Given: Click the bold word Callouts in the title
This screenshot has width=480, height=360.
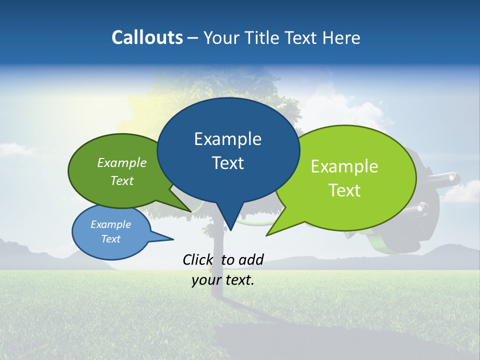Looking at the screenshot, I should (147, 37).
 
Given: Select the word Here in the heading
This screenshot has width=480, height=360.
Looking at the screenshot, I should (342, 37).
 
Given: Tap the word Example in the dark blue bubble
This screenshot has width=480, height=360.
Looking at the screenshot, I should (227, 139).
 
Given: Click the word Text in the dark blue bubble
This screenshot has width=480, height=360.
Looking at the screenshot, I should (227, 163).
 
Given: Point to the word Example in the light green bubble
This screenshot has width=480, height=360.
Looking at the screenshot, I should (344, 166).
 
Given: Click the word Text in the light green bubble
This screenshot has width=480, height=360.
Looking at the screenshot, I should (344, 190).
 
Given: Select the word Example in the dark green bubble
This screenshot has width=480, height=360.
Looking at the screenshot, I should (122, 163).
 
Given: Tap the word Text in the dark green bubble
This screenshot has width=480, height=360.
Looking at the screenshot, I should (122, 181).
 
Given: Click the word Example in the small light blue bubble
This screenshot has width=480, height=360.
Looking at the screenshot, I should (110, 224).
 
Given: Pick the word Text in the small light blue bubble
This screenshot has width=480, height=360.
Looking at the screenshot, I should (110, 239).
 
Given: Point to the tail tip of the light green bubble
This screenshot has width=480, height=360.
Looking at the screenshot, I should (267, 235).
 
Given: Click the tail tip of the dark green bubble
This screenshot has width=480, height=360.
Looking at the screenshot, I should (190, 211).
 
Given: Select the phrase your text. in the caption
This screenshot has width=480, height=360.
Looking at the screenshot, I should (223, 280).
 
